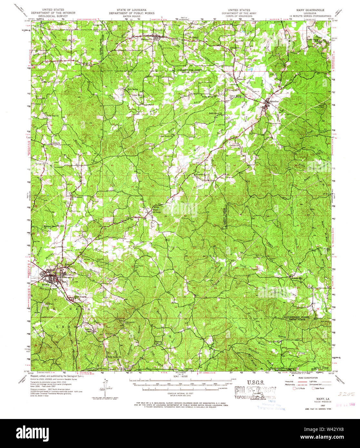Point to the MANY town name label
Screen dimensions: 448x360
(45, 285)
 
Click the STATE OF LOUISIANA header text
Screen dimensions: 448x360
(127, 10)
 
